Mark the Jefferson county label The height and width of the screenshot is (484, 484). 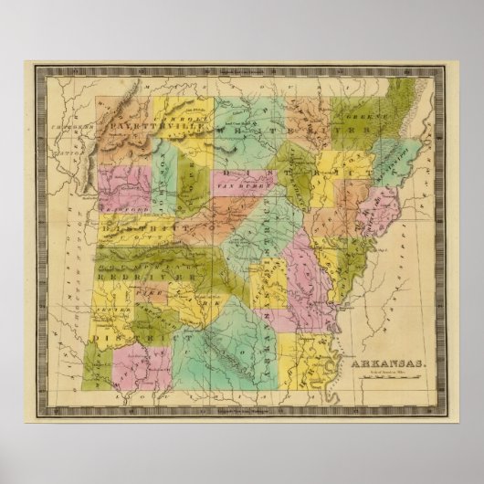tap(274, 279)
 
